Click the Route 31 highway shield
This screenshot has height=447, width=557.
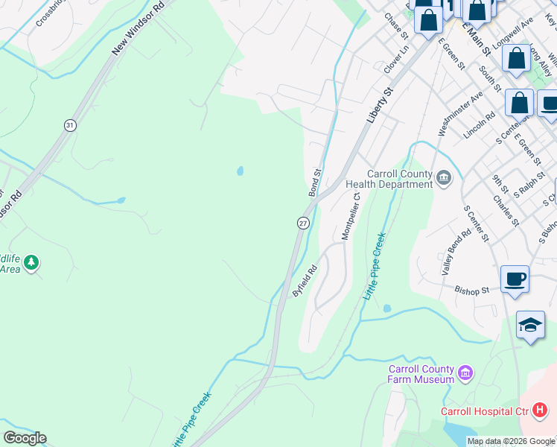pos(69,125)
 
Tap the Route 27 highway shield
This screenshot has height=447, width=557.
pos(303,223)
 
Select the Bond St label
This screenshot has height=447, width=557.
pos(315,183)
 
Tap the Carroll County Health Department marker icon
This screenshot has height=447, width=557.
pos(445,177)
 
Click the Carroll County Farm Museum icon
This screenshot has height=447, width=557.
pos(465,372)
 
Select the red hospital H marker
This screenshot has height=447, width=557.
pos(540,410)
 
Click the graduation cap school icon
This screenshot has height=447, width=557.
pos(530,325)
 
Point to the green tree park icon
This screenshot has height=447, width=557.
pos(31,262)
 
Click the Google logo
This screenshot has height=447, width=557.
pos(25,437)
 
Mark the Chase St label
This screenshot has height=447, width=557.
pos(396,25)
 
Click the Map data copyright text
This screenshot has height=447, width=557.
pos(511,441)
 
